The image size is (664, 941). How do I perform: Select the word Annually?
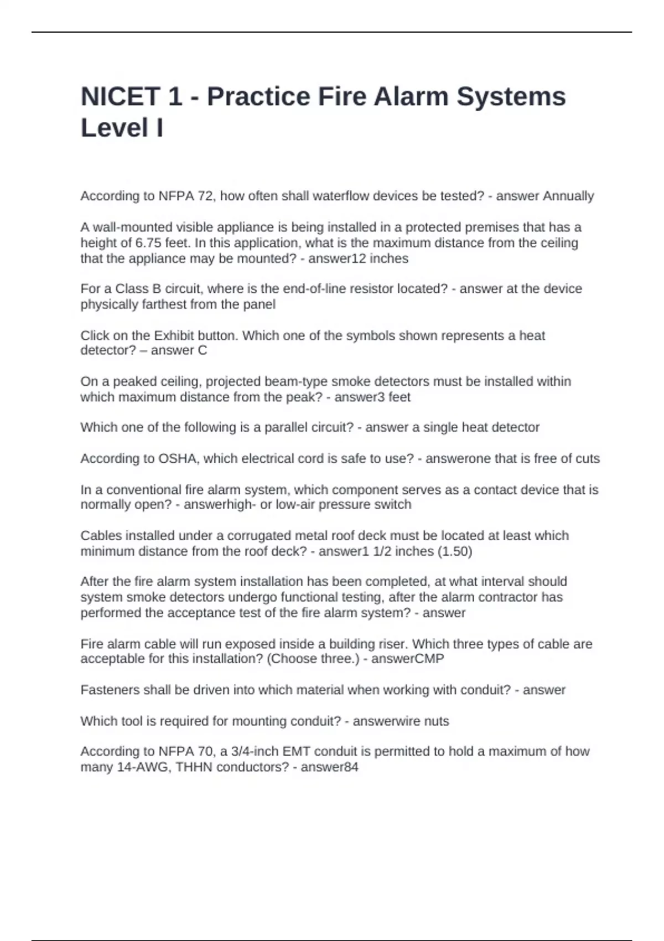click(x=568, y=196)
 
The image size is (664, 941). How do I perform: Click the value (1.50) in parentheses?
click(x=454, y=551)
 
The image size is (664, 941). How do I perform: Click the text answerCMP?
click(x=407, y=659)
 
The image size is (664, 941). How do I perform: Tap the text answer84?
click(x=329, y=767)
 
